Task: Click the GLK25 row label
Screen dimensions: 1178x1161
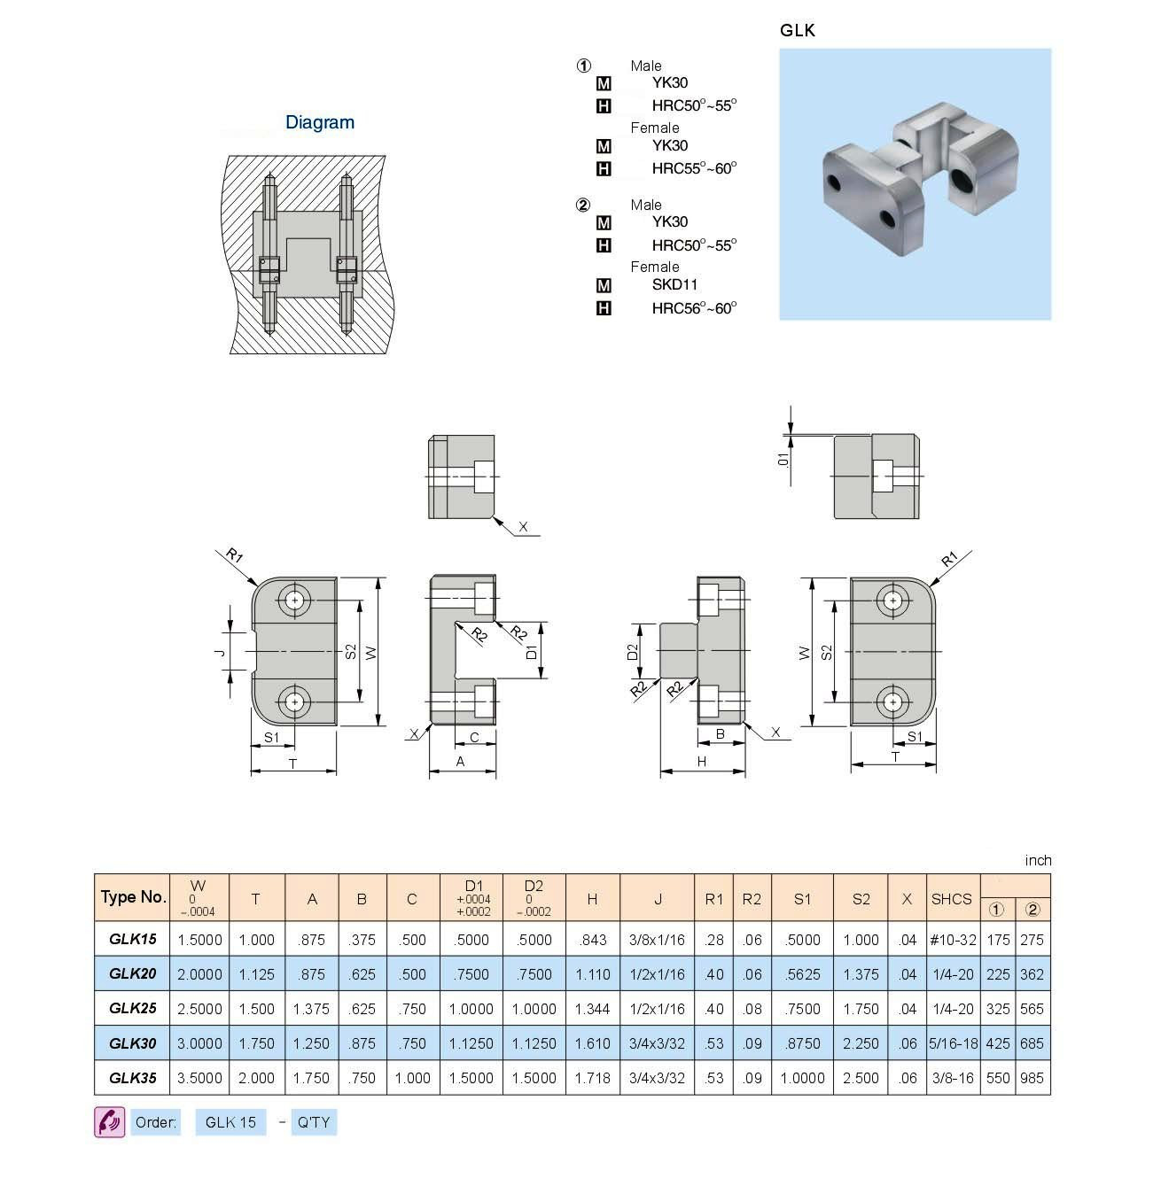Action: tap(132, 1008)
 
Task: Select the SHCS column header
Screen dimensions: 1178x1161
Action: tap(951, 898)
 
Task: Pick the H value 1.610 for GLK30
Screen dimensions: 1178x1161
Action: tap(592, 1043)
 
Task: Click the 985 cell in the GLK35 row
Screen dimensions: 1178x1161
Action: tap(1032, 1078)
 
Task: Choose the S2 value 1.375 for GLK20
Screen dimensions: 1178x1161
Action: tap(861, 974)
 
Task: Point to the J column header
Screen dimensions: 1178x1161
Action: tap(658, 898)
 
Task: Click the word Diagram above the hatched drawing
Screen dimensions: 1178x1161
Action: tap(319, 122)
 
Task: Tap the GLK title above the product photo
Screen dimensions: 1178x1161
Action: tap(797, 30)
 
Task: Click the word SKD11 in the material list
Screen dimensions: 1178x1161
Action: tap(674, 284)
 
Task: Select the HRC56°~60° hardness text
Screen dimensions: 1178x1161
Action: tap(694, 308)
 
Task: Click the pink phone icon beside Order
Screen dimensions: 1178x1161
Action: tap(110, 1122)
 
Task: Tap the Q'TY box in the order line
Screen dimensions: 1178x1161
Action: tap(314, 1122)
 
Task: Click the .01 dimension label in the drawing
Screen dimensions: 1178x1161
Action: tap(782, 459)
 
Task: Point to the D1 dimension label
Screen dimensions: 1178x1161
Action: tap(532, 652)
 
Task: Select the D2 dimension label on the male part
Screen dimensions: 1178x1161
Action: tap(633, 652)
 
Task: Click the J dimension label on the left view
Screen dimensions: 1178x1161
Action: tap(221, 652)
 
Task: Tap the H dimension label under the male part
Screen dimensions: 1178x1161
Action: tap(702, 761)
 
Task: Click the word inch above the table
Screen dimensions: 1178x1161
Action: tap(1038, 860)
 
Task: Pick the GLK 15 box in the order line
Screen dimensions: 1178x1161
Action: tap(230, 1122)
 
